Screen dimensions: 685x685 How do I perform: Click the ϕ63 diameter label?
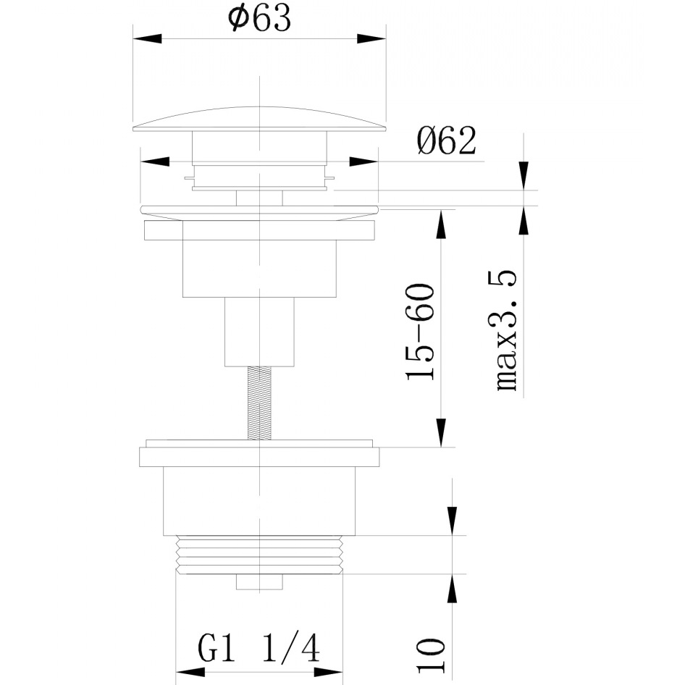point(259,19)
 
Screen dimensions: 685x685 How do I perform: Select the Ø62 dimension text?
point(446,140)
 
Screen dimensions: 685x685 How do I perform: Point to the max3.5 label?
point(507,331)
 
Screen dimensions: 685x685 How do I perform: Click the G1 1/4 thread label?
point(259,648)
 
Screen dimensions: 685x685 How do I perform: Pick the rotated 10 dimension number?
point(430,655)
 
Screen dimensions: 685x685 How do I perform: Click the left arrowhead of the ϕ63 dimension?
point(147,38)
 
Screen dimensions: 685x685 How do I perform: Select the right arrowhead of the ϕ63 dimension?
point(371,38)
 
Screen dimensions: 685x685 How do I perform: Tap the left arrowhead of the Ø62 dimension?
point(155,161)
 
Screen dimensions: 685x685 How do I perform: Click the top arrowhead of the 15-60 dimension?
point(442,224)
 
